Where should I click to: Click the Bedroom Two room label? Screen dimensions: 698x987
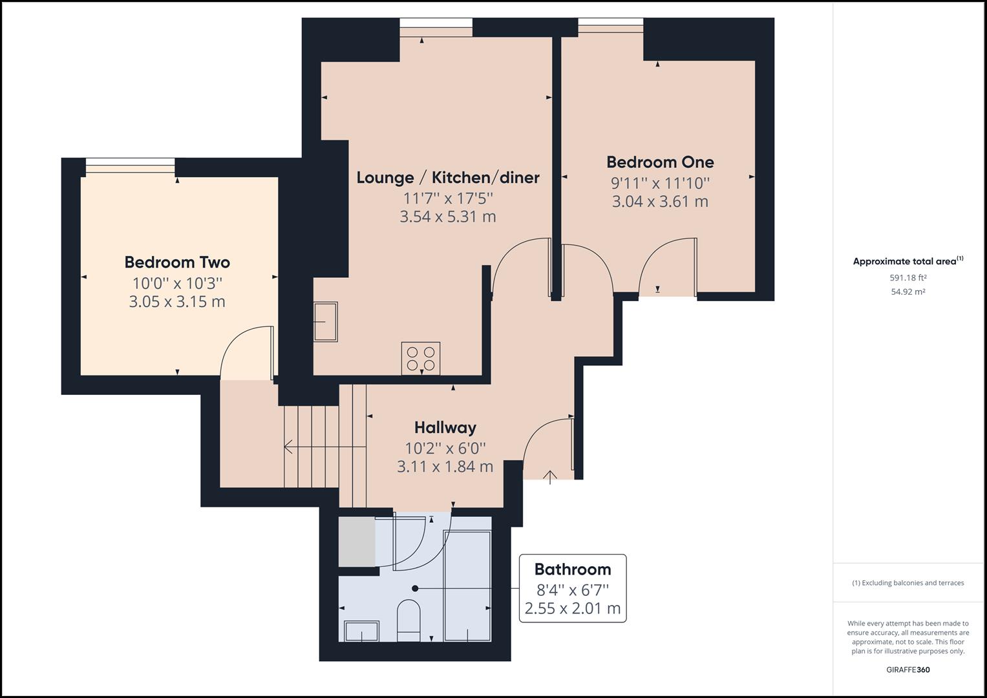pos(177,262)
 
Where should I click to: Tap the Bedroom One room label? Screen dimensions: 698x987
pos(660,162)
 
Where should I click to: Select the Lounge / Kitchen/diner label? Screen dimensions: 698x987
pos(448,178)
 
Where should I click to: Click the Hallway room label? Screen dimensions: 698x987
pos(445,428)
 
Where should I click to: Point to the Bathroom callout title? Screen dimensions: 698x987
pos(573,569)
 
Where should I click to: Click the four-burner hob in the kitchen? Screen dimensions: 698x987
pos(421,359)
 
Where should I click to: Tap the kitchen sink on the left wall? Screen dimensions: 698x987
pos(326,321)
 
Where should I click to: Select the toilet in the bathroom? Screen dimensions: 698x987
pos(408,619)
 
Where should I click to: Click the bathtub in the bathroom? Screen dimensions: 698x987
pos(467,586)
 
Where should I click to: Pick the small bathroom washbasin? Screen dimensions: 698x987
pos(361,631)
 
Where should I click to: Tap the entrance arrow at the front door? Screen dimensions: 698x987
pos(550,477)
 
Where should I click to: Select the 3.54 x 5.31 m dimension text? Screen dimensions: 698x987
pos(448,217)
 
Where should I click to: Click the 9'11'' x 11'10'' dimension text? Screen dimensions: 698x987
pos(660,184)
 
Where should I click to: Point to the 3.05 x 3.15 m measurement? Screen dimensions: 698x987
pos(177,302)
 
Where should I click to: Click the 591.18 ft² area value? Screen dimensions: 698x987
pos(908,278)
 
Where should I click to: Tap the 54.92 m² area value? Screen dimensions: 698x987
pos(908,291)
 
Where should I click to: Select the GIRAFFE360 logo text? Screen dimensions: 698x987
pos(908,670)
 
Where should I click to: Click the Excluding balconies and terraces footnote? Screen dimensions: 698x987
pos(908,583)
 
